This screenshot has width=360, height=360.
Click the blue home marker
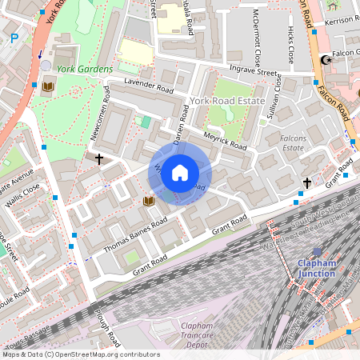tap(180, 173)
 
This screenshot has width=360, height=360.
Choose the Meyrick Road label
tap(225, 141)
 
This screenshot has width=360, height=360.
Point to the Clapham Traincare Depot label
tap(197, 335)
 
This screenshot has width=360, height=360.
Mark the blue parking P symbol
tap(14, 38)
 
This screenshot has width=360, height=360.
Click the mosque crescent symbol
tap(325, 59)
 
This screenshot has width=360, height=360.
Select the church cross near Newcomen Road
tap(99, 158)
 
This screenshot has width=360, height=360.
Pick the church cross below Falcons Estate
tap(306, 183)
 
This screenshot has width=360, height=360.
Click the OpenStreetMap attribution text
tap(80, 354)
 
